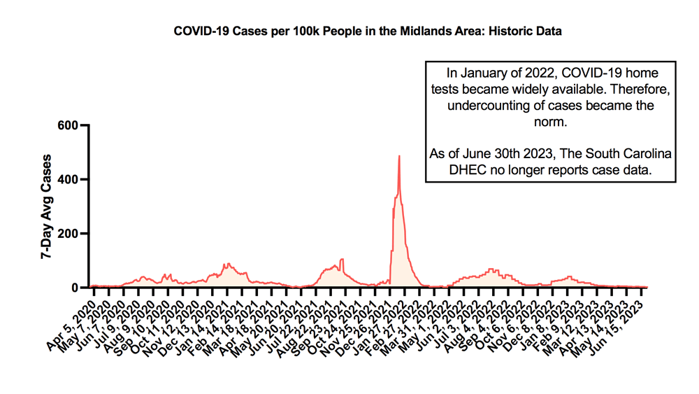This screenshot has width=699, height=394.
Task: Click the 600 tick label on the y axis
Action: pyautogui.click(x=69, y=125)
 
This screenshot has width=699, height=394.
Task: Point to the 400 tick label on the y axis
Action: pyautogui.click(x=69, y=180)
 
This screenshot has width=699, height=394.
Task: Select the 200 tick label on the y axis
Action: pyautogui.click(x=69, y=234)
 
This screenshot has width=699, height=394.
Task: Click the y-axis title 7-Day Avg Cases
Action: pyautogui.click(x=47, y=207)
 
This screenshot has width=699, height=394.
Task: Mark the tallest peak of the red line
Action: pyautogui.click(x=399, y=156)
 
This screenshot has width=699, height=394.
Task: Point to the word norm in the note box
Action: pyautogui.click(x=551, y=122)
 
